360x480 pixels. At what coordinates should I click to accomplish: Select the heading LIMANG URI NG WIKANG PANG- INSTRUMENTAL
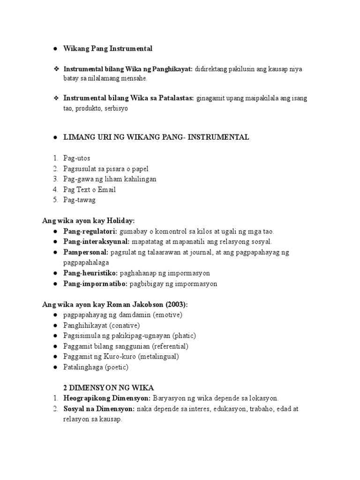(x=156, y=137)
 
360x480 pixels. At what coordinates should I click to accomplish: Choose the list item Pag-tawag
(x=79, y=200)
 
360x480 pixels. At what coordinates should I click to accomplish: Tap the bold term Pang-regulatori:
(x=90, y=231)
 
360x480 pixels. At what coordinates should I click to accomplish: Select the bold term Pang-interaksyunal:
(x=97, y=242)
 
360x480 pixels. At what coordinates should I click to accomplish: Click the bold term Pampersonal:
(x=86, y=252)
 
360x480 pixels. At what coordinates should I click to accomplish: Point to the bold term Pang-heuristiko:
(x=90, y=273)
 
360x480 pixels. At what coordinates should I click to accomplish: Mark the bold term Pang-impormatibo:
(x=95, y=284)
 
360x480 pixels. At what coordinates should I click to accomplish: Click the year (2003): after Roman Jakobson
(x=174, y=304)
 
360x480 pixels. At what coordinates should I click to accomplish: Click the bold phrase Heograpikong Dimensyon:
(x=107, y=398)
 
